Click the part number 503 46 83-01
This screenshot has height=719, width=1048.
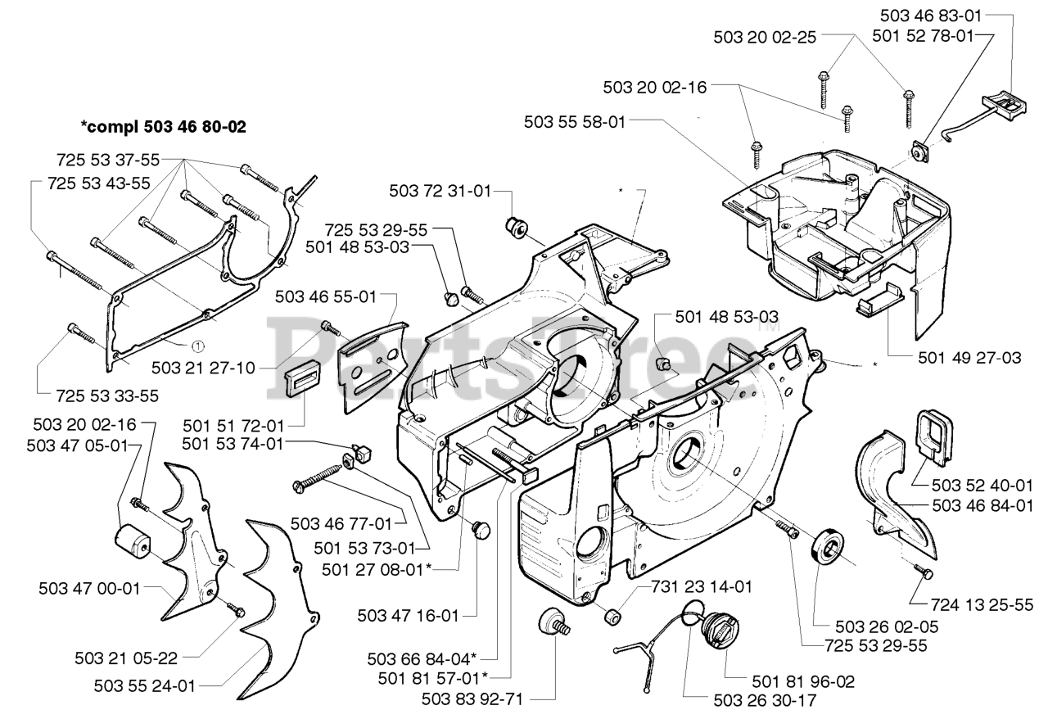tap(931, 16)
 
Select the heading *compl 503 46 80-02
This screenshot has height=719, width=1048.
tap(163, 127)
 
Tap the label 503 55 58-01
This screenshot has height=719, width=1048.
tap(575, 122)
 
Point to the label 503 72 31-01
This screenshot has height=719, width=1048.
tap(440, 191)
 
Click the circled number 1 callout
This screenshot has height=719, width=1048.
tap(198, 347)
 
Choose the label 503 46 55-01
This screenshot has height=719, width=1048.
tap(326, 296)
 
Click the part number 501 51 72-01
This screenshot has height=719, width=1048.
tap(233, 426)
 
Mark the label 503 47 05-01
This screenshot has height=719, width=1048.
tap(77, 445)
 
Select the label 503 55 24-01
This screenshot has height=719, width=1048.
tap(145, 686)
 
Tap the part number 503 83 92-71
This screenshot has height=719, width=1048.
tap(472, 699)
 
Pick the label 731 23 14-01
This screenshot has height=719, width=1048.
tap(702, 586)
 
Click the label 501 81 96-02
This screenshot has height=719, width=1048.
tap(803, 681)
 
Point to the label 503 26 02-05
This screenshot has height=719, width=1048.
tap(887, 626)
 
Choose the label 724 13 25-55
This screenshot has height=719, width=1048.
tap(982, 605)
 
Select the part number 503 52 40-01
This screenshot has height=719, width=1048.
tap(982, 486)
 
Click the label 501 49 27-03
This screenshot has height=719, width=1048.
tap(969, 358)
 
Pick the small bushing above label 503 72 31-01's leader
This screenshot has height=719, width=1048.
tap(517, 227)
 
